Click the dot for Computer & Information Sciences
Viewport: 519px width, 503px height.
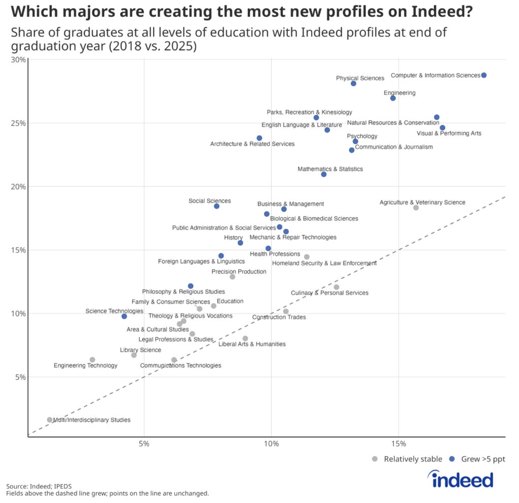click(x=484, y=75)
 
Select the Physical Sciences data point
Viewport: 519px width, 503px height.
click(x=353, y=83)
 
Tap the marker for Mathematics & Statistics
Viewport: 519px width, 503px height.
click(x=324, y=175)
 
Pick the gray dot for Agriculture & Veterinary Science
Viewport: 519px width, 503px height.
click(x=416, y=208)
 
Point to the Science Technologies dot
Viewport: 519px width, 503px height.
click(x=124, y=316)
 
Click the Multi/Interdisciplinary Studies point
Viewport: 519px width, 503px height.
click(x=50, y=420)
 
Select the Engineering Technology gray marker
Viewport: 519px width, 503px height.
click(x=92, y=360)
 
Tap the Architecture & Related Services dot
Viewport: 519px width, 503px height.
click(x=259, y=138)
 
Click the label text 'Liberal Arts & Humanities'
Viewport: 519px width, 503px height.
click(x=252, y=344)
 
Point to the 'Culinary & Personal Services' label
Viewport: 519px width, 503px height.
click(x=329, y=293)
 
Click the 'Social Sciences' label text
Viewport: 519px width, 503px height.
click(x=209, y=201)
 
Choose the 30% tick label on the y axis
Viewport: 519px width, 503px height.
click(x=18, y=59)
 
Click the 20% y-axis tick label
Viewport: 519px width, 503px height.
click(x=18, y=187)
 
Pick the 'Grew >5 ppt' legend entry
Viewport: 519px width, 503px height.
click(x=477, y=459)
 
